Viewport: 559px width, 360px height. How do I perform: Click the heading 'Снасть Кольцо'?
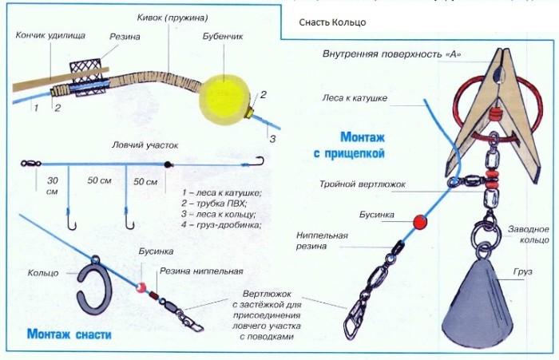click(x=332, y=22)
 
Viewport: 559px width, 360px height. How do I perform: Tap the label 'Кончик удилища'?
click(x=42, y=35)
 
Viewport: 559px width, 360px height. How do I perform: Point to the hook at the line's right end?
click(x=259, y=162)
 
